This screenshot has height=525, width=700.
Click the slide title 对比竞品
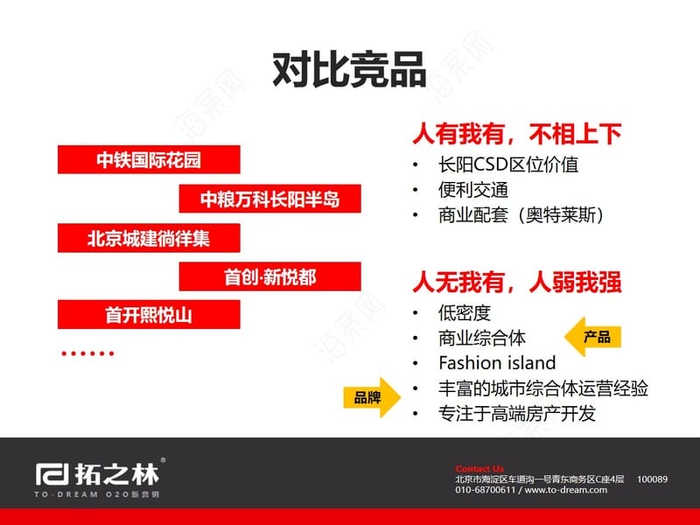click(349, 69)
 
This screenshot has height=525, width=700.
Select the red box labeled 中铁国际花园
click(149, 159)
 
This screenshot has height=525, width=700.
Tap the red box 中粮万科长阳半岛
click(269, 199)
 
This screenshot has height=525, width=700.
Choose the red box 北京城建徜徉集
click(149, 238)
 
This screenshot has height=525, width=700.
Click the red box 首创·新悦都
click(269, 276)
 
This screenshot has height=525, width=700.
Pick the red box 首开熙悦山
click(149, 315)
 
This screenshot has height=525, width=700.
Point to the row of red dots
click(87, 353)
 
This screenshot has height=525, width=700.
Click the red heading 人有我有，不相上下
click(517, 134)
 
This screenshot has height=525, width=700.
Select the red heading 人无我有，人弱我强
click(517, 282)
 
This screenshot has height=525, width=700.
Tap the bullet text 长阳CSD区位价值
click(508, 164)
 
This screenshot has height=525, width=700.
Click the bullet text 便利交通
click(473, 190)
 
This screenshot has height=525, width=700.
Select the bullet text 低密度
click(465, 313)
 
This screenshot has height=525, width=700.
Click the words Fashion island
click(497, 362)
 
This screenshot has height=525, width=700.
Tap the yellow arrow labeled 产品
click(593, 337)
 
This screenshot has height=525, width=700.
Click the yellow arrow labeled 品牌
click(372, 397)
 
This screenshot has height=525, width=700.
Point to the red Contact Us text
click(479, 469)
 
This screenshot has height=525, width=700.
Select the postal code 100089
click(652, 479)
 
